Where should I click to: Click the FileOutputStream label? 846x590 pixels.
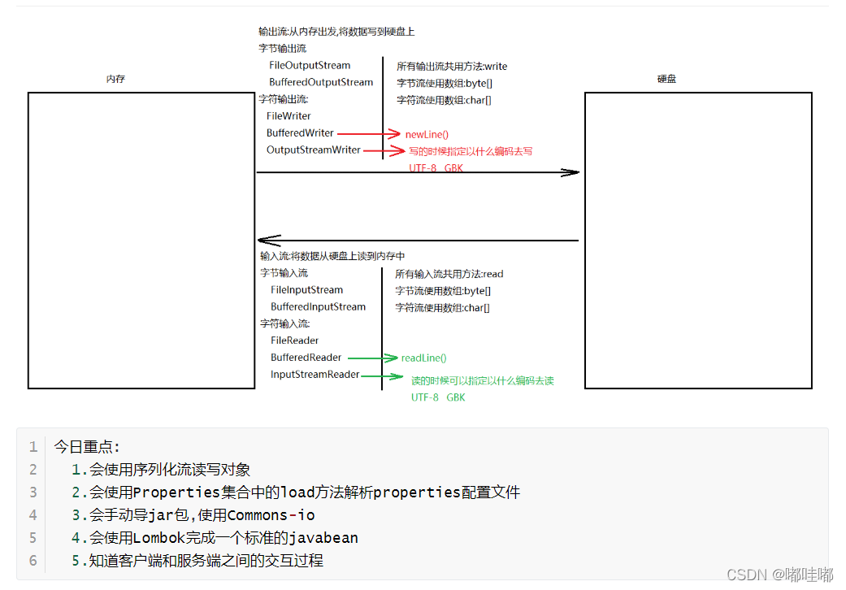pyautogui.click(x=310, y=65)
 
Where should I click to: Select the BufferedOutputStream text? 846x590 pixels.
pyautogui.click(x=321, y=82)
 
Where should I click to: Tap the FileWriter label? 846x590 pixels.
pyautogui.click(x=289, y=116)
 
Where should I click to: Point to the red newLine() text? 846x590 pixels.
pyautogui.click(x=427, y=134)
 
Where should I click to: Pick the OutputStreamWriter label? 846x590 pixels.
pyautogui.click(x=313, y=150)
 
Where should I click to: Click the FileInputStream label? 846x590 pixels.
pyautogui.click(x=306, y=289)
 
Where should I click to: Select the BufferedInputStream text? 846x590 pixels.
pyautogui.click(x=318, y=306)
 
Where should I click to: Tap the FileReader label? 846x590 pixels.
pyautogui.click(x=294, y=341)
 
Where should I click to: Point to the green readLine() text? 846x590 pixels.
pyautogui.click(x=423, y=358)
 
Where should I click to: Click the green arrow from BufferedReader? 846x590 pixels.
pyautogui.click(x=372, y=358)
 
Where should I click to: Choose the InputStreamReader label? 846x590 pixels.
pyautogui.click(x=315, y=375)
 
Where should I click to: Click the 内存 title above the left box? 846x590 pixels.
pyautogui.click(x=115, y=80)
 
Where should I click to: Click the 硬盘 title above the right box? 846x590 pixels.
pyautogui.click(x=666, y=80)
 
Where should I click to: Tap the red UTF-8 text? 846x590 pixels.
pyautogui.click(x=423, y=167)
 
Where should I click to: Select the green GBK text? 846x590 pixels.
pyautogui.click(x=455, y=397)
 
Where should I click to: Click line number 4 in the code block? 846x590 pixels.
pyautogui.click(x=33, y=515)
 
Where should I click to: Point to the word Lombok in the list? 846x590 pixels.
pyautogui.click(x=160, y=538)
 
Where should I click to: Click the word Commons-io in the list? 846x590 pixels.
pyautogui.click(x=271, y=515)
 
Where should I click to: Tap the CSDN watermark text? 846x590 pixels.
pyautogui.click(x=747, y=575)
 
